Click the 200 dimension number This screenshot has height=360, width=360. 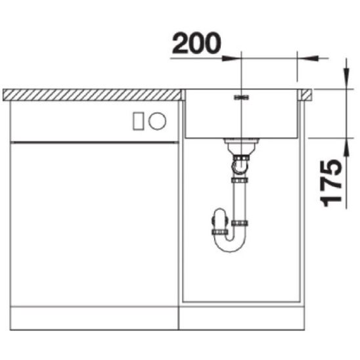tap(196, 43)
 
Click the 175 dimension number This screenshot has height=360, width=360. tap(331, 183)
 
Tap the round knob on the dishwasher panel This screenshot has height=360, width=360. tap(157, 121)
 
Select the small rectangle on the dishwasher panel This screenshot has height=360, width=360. tap(139, 122)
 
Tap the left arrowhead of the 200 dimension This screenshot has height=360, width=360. tap(231, 58)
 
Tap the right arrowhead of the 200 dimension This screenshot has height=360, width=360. tap(307, 58)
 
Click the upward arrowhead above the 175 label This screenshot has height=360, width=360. tap(347, 148)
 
